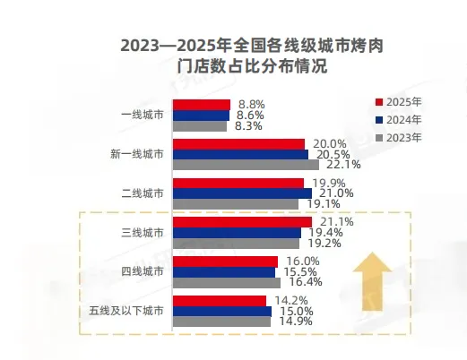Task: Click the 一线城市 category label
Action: click(x=143, y=116)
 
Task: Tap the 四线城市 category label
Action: click(x=143, y=271)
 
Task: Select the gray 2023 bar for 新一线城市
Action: click(x=245, y=165)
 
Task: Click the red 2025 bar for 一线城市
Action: click(x=201, y=105)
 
